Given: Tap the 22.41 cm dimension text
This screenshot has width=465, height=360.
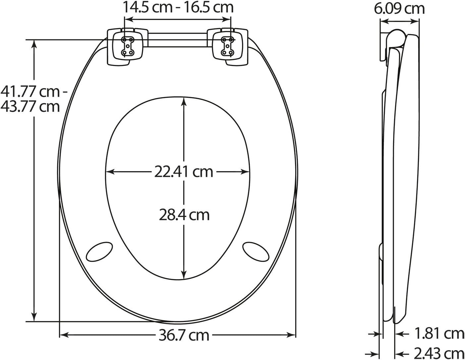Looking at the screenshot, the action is pyautogui.click(x=184, y=172).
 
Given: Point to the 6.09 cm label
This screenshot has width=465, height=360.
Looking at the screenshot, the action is pyautogui.click(x=399, y=9).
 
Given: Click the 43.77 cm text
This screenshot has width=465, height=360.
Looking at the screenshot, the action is pyautogui.click(x=30, y=107).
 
